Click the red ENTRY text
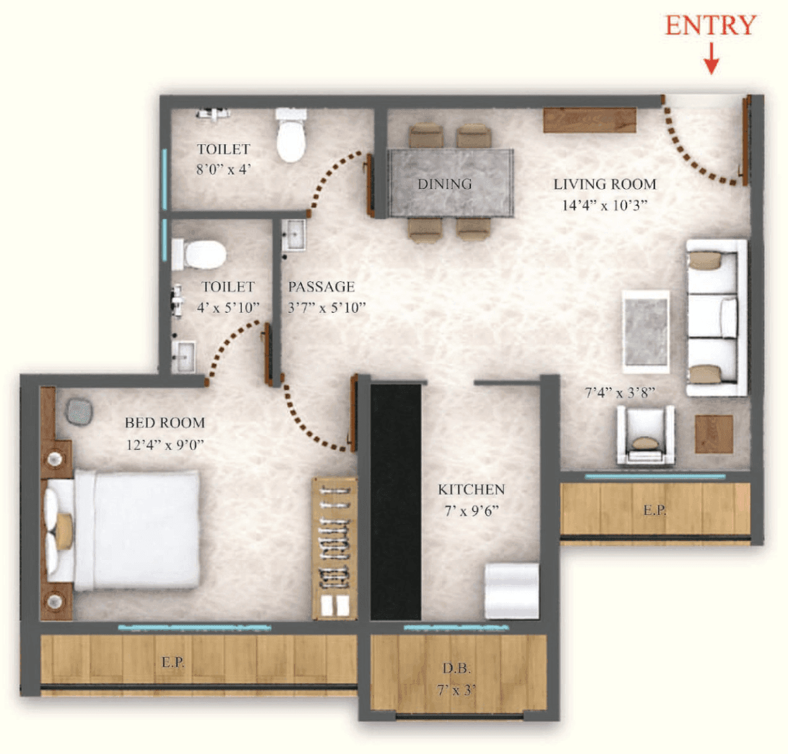coord(710,25)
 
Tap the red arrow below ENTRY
coord(711,59)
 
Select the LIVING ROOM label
coord(604,184)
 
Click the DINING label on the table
coord(444,184)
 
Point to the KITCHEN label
coord(471,489)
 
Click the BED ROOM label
coord(165,423)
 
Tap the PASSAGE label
coord(321,287)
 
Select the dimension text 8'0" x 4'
coord(223,169)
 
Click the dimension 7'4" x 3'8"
coord(620,392)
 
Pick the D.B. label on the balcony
coord(456,669)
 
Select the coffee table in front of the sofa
coord(646,331)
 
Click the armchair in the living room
coord(645,435)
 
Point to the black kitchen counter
coord(396,502)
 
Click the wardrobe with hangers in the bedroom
coord(334,548)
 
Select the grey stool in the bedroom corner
coord(79,412)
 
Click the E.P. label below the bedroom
coord(173,662)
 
